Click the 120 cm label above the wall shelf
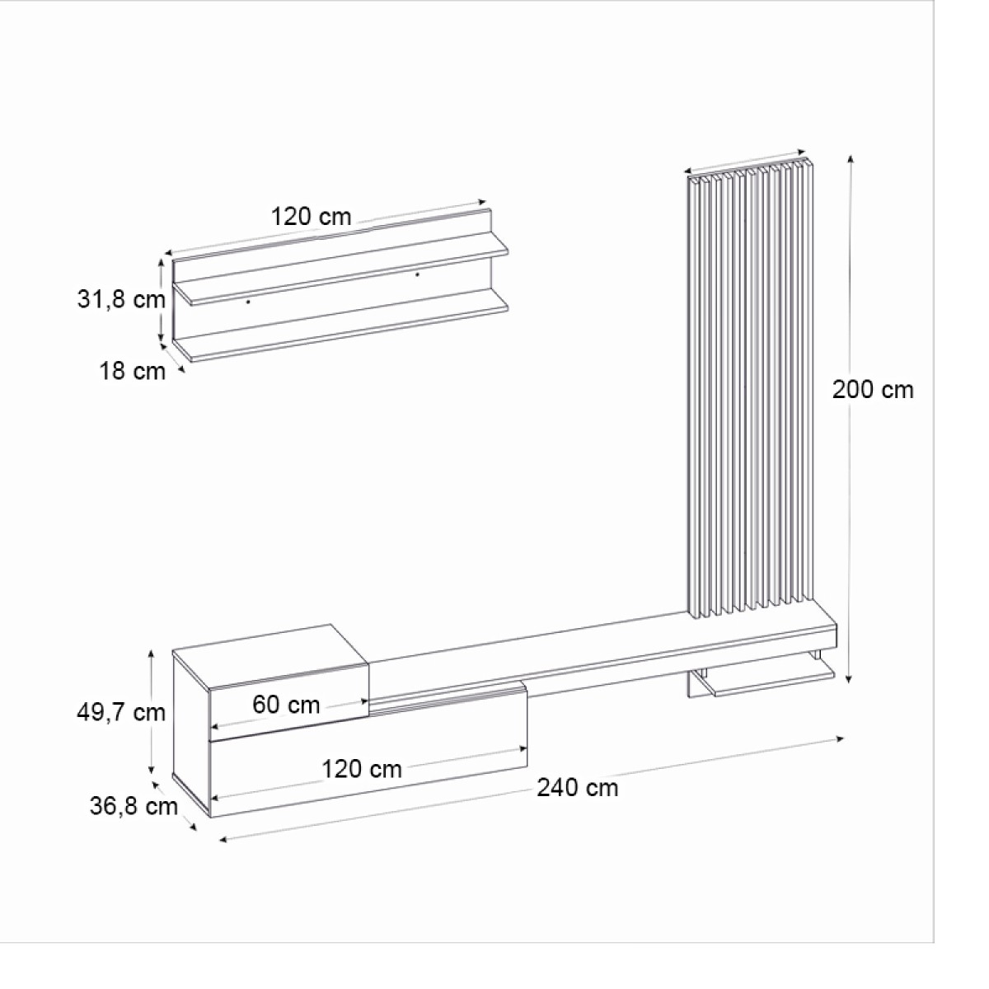[x=311, y=217]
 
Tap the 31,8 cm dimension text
[x=121, y=299]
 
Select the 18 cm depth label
[x=132, y=372]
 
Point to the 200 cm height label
[x=873, y=389]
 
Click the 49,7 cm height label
[x=121, y=712]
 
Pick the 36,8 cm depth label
[x=134, y=805]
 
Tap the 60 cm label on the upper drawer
[x=286, y=705]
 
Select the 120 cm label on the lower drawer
[x=361, y=769]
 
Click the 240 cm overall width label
[x=577, y=788]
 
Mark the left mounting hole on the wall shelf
[x=248, y=302]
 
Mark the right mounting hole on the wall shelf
[x=417, y=274]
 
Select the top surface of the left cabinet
[x=270, y=654]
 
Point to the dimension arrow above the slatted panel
[x=746, y=162]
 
